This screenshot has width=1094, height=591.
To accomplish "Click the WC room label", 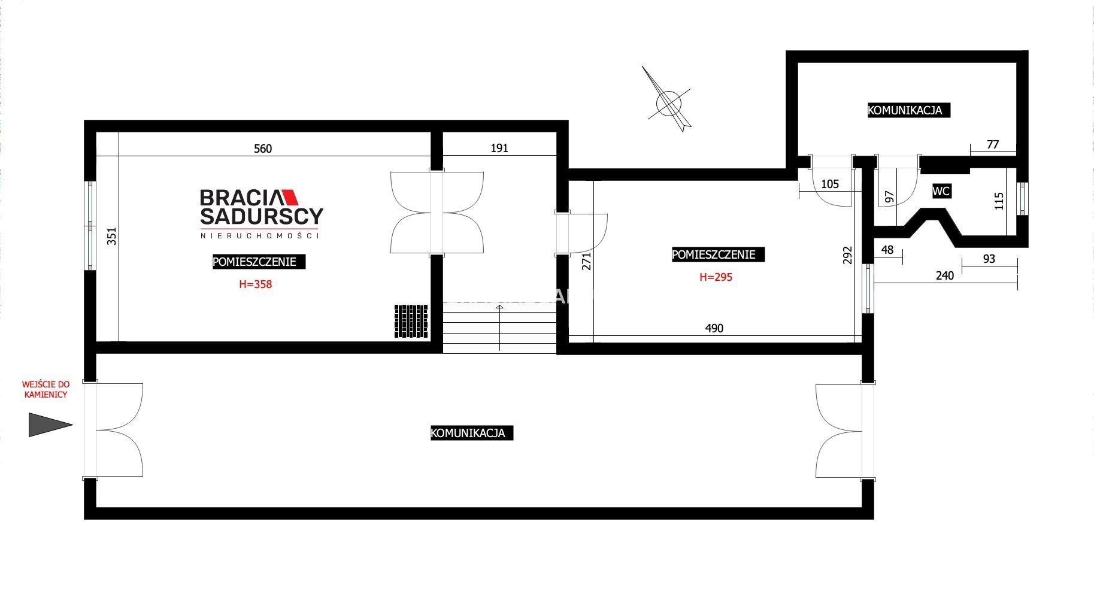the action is (x=941, y=192).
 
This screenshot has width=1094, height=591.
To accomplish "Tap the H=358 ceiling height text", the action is (x=256, y=284).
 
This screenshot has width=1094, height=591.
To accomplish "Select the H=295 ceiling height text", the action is (x=716, y=277).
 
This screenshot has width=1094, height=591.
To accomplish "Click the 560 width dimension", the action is (x=263, y=148).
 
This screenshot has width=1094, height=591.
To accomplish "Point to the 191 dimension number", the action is (x=499, y=148).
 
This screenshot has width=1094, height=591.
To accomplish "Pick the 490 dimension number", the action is (x=714, y=328).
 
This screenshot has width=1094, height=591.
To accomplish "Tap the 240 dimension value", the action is (x=945, y=275).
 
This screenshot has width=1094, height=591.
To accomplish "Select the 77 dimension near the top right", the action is (x=993, y=144).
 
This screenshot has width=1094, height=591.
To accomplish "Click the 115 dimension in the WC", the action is (x=998, y=201).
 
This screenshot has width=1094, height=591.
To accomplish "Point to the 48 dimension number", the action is (x=887, y=250).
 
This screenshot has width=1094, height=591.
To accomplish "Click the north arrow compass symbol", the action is (x=669, y=101).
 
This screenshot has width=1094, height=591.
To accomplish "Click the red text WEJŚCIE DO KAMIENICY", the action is (x=46, y=389).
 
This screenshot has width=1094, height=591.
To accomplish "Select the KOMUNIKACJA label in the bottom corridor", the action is (x=472, y=433).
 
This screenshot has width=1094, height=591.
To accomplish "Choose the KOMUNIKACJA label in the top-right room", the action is (x=909, y=110).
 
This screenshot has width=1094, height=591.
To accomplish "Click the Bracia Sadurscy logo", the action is (x=261, y=214).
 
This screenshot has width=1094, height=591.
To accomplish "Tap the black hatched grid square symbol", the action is (x=411, y=322).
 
